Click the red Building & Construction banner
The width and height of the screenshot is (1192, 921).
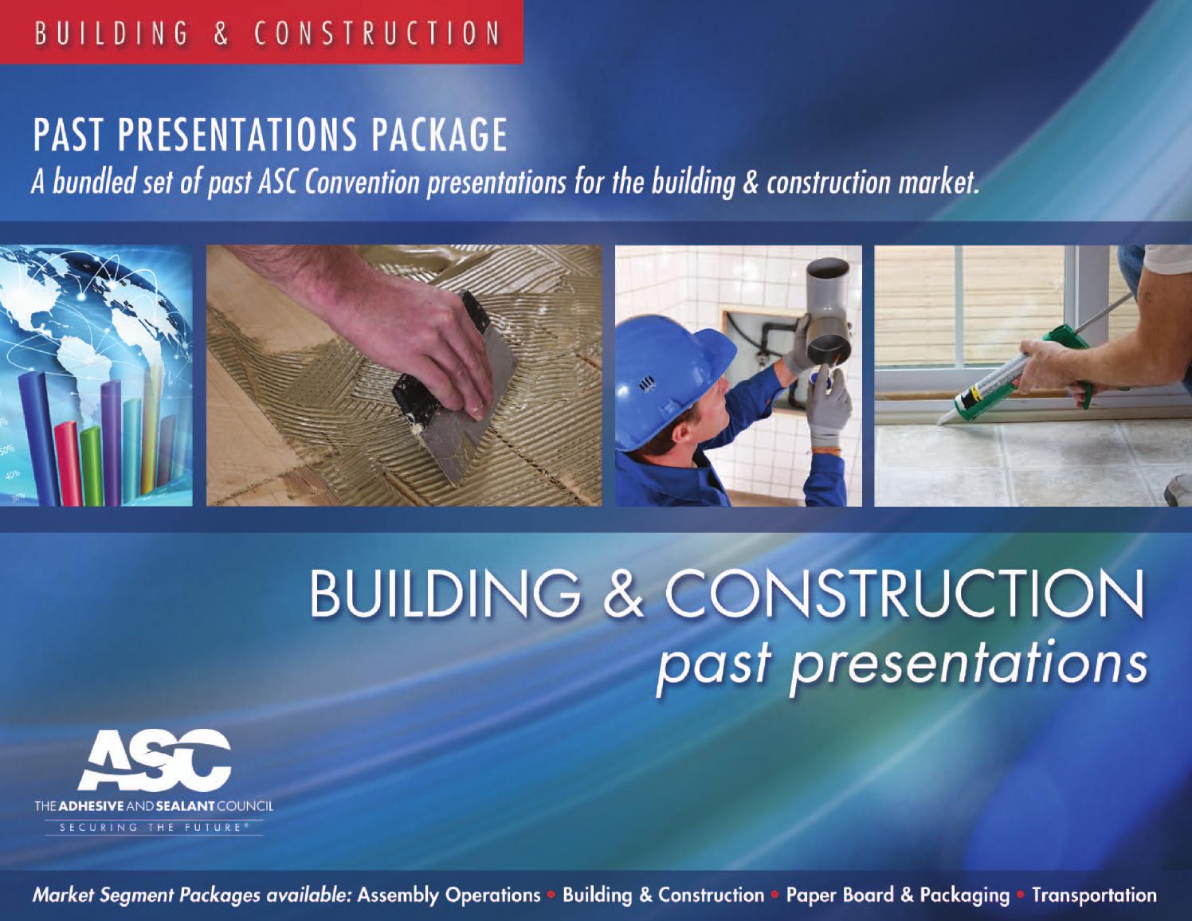pyautogui.click(x=261, y=32)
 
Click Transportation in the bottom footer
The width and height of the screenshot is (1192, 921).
pyautogui.click(x=1094, y=895)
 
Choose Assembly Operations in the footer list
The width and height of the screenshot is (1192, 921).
pyautogui.click(x=449, y=895)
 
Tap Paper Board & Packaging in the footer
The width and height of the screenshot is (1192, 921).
pyautogui.click(x=897, y=895)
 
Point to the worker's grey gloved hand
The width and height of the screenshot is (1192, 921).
pyautogui.click(x=829, y=410)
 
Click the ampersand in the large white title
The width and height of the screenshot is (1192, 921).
pyautogui.click(x=622, y=594)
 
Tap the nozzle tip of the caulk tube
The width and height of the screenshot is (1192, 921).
pyautogui.click(x=940, y=417)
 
